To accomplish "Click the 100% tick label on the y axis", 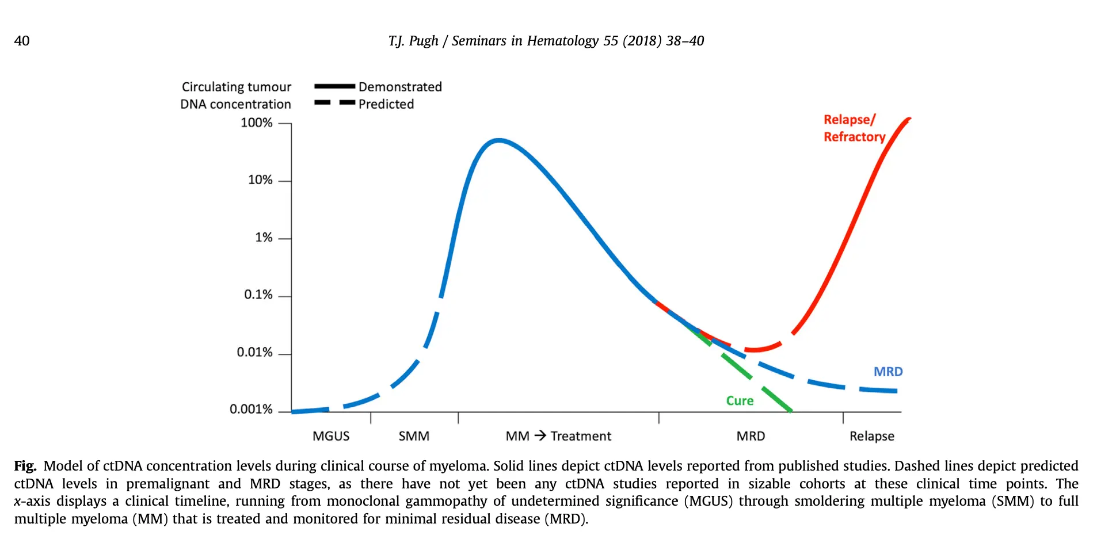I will tap(256, 123).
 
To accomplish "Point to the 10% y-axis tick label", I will tap(260, 180).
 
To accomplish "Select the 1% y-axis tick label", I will tap(264, 238).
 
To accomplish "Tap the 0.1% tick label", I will tap(258, 295).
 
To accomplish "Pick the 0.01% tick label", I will tap(254, 352).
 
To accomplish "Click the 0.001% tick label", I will tap(251, 409).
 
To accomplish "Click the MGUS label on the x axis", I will tap(331, 436).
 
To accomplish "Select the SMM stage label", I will tap(414, 436).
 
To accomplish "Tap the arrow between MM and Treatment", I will tap(540, 435).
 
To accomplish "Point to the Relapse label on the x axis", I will tap(871, 436).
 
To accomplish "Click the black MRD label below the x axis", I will tap(751, 436).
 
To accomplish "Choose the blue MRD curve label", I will tap(887, 372).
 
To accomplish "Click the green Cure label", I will tap(740, 400).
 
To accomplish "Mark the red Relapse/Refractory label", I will tap(854, 128).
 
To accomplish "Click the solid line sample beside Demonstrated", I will tap(334, 86).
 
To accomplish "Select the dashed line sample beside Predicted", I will tap(334, 103).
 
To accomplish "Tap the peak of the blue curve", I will tap(498, 140).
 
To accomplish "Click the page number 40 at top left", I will tap(22, 41).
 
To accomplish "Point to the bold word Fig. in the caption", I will tap(25, 465).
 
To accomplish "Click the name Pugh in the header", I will tap(424, 41).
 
